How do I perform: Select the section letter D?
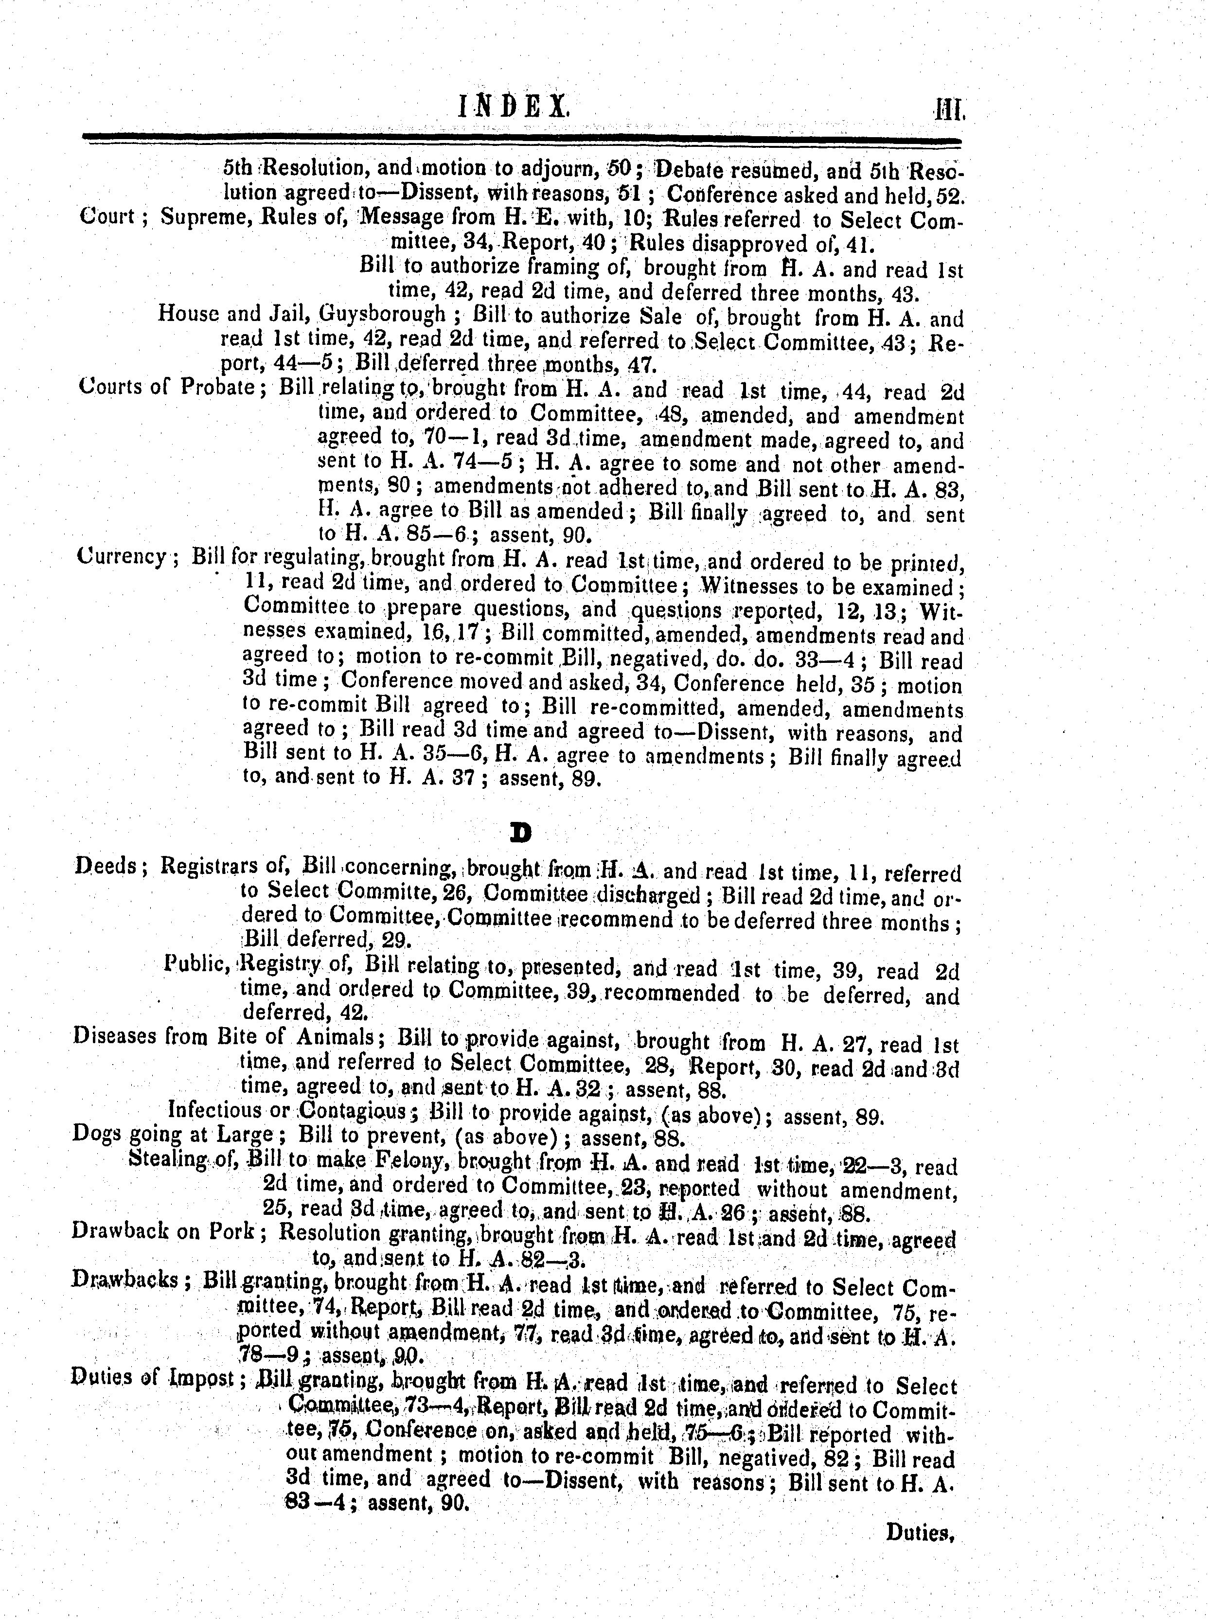521,832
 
